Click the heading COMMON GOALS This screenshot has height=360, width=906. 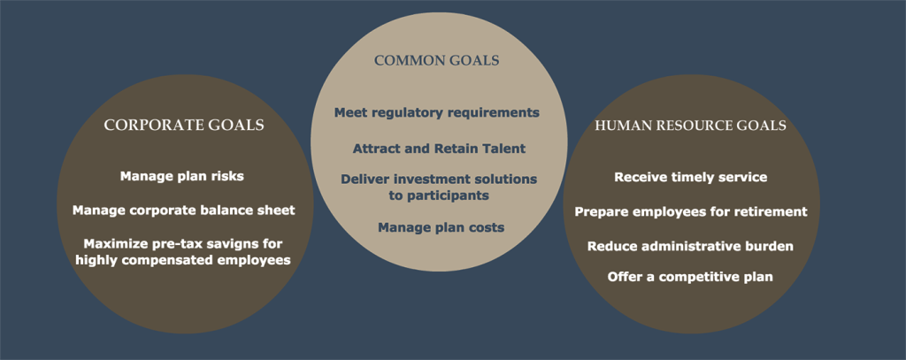tap(437, 60)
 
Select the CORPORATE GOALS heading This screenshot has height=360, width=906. tap(184, 125)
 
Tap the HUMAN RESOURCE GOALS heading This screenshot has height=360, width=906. tap(690, 126)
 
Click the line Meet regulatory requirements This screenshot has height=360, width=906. tap(437, 112)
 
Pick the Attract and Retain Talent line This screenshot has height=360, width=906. tap(439, 149)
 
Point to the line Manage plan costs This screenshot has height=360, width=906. tap(441, 227)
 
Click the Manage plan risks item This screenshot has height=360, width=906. tap(182, 176)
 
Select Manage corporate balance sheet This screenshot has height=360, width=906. tap(184, 211)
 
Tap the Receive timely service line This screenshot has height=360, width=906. tap(690, 177)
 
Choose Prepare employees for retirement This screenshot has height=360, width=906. tap(690, 212)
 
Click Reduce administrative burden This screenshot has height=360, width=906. tap(690, 246)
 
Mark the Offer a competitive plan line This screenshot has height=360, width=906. tap(690, 278)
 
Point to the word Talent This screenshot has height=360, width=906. tap(504, 149)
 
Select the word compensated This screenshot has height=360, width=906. tap(173, 261)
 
